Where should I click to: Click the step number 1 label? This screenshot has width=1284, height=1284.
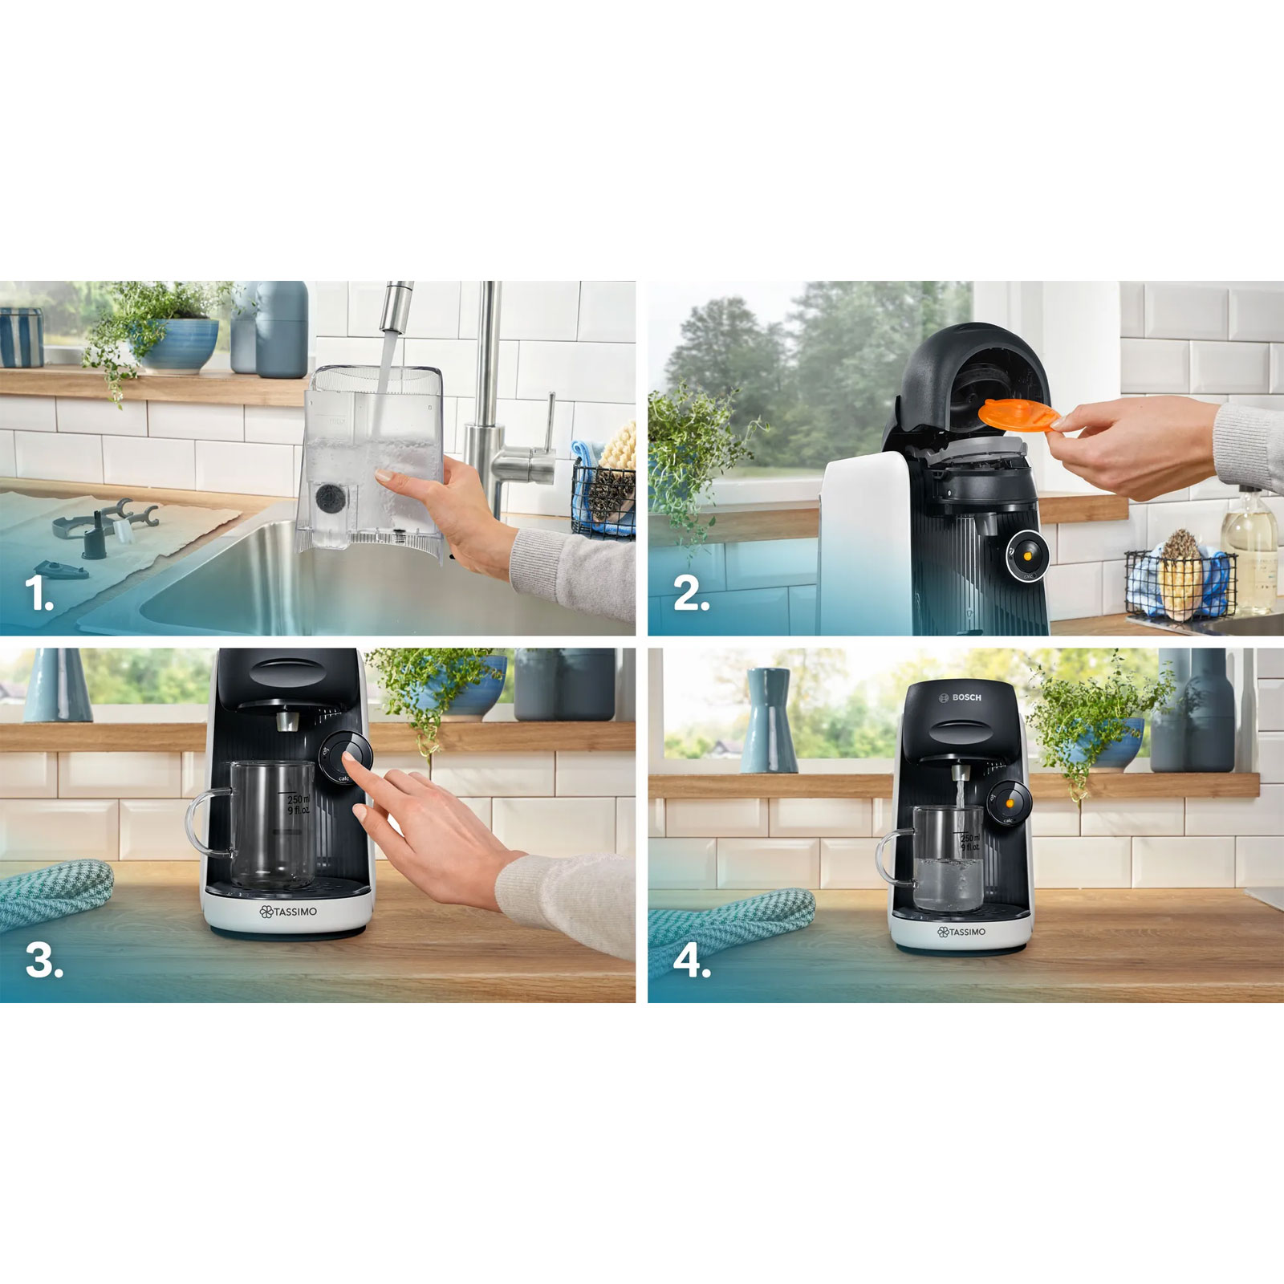click(x=38, y=595)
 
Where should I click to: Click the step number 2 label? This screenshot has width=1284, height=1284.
click(x=690, y=595)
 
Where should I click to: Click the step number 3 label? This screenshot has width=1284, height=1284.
click(x=43, y=961)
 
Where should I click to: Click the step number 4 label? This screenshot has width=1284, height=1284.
click(x=691, y=961)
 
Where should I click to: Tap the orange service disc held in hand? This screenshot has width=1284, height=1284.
click(x=1018, y=417)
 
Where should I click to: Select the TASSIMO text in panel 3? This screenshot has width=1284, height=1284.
click(x=288, y=912)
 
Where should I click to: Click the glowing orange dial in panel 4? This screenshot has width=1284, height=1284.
click(x=1008, y=802)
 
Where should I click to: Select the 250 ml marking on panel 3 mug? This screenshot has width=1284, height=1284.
click(x=296, y=800)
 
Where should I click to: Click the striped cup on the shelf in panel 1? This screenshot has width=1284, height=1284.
click(x=21, y=337)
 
